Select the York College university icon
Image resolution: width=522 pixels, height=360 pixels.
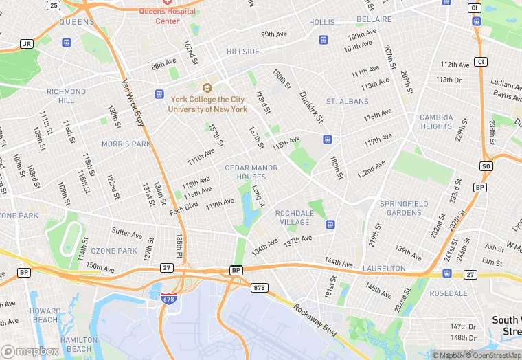(207, 87)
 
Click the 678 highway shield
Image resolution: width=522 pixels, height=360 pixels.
(168, 299)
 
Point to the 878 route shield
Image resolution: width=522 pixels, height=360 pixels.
(259, 287)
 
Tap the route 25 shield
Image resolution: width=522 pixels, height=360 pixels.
(54, 5)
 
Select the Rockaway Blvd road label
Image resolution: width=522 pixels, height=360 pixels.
(315, 319)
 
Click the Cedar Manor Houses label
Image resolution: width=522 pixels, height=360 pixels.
(251, 172)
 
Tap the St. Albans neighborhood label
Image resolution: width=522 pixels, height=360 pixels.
(347, 102)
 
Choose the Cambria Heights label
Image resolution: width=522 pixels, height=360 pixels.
(436, 122)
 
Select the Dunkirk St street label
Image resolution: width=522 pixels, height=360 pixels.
(311, 107)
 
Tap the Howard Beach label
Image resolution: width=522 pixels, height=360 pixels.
(45, 315)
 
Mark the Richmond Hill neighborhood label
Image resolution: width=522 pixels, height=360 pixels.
(66, 95)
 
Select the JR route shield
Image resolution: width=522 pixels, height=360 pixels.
(27, 44)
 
